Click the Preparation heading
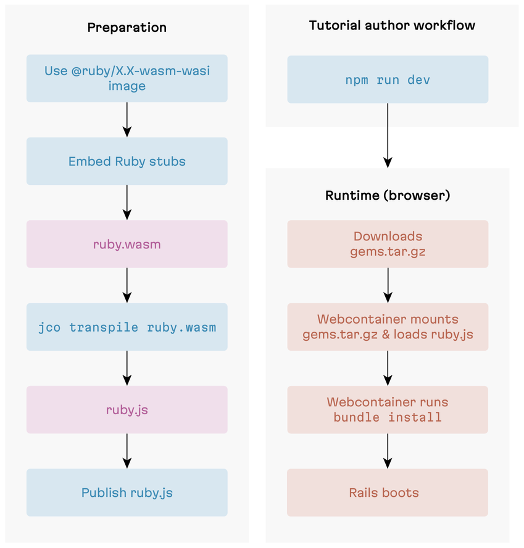click(127, 27)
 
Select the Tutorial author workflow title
click(392, 25)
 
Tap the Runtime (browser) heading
click(388, 195)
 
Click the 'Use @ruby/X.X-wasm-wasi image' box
click(127, 78)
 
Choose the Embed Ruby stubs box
click(127, 161)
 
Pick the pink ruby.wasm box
click(127, 244)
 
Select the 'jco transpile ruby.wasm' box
click(127, 327)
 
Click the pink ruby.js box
click(127, 409)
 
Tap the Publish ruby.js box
click(127, 493)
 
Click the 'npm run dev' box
click(388, 80)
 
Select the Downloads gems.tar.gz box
click(388, 244)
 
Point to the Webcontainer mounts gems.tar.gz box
click(388, 327)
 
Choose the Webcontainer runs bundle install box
click(388, 409)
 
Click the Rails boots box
click(388, 493)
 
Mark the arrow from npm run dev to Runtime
click(388, 135)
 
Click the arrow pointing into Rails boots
click(388, 451)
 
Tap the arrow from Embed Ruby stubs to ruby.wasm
click(127, 202)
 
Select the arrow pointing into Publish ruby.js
click(127, 451)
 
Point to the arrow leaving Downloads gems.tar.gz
click(388, 285)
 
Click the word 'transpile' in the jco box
click(104, 327)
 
